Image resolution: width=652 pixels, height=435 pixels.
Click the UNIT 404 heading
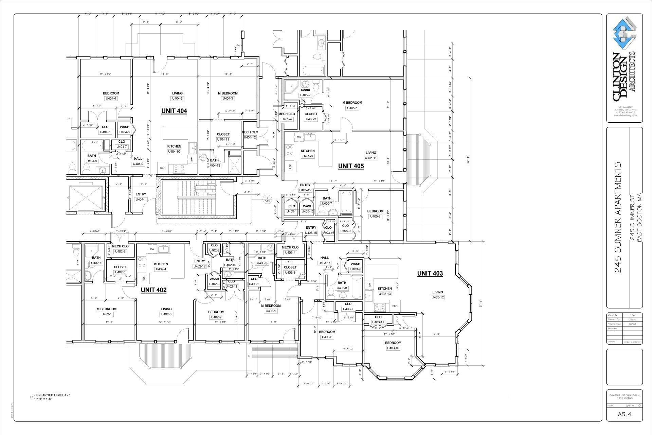(174, 111)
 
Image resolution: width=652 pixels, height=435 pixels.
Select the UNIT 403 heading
(430, 273)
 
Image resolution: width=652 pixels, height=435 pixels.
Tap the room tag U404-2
(177, 99)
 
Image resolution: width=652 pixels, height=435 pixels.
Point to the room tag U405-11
(371, 158)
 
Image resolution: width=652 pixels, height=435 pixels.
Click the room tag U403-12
(438, 297)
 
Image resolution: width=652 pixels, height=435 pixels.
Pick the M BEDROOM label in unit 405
(352, 103)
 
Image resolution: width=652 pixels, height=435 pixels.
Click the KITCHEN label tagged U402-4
(161, 264)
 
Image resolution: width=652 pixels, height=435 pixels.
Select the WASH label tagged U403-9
(355, 264)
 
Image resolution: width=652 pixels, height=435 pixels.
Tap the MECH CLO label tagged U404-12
(250, 132)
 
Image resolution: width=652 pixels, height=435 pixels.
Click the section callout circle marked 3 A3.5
(267, 199)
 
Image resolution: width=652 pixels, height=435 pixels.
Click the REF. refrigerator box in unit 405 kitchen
(291, 167)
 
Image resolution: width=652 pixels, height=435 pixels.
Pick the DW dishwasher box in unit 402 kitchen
(152, 249)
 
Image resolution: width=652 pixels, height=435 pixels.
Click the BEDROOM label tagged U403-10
(393, 343)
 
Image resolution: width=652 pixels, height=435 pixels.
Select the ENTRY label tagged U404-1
(141, 194)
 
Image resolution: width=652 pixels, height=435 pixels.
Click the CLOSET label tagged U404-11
(223, 134)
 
